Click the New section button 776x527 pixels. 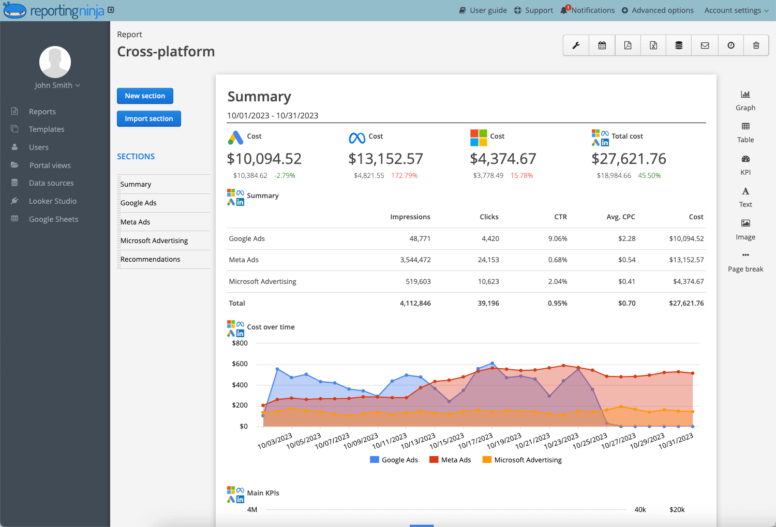pyautogui.click(x=145, y=96)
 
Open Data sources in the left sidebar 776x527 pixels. pyautogui.click(x=51, y=183)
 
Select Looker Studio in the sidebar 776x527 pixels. pyautogui.click(x=52, y=201)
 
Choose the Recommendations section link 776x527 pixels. pyautogui.click(x=150, y=259)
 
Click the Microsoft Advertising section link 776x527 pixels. pyautogui.click(x=154, y=240)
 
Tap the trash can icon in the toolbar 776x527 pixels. pyautogui.click(x=756, y=46)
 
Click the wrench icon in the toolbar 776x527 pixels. pyautogui.click(x=576, y=46)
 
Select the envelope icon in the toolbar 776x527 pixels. pyautogui.click(x=705, y=46)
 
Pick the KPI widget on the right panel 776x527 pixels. pyautogui.click(x=745, y=164)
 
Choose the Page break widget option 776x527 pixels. pyautogui.click(x=745, y=261)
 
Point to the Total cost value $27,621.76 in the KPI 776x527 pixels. pyautogui.click(x=629, y=159)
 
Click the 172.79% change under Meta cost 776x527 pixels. pyautogui.click(x=404, y=176)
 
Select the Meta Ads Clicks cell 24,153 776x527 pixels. pyautogui.click(x=488, y=260)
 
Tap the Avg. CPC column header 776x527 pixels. pyautogui.click(x=620, y=217)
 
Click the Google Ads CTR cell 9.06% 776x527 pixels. pyautogui.click(x=558, y=239)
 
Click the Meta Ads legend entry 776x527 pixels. pyautogui.click(x=450, y=460)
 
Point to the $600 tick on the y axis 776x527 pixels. pyautogui.click(x=240, y=364)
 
